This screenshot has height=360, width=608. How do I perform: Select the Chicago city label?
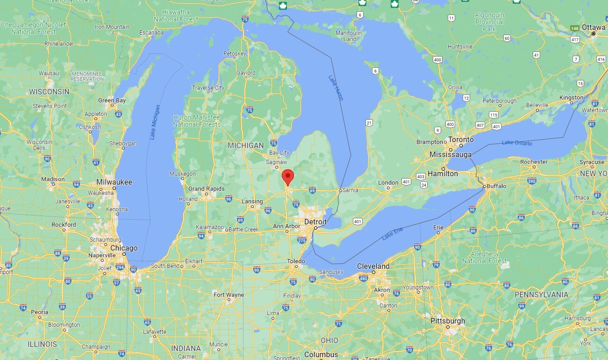pyautogui.click(x=124, y=248)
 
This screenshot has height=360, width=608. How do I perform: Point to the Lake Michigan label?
pyautogui.click(x=155, y=122)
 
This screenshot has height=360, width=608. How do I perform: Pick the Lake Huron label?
pyautogui.click(x=336, y=87)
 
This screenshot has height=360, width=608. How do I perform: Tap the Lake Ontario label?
pyautogui.click(x=517, y=143)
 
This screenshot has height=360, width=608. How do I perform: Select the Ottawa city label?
pyautogui.click(x=594, y=27)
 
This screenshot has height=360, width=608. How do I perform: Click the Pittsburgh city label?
pyautogui.click(x=448, y=321)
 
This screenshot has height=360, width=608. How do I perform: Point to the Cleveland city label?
pyautogui.click(x=373, y=266)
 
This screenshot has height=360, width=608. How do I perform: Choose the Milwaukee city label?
pyautogui.click(x=114, y=182)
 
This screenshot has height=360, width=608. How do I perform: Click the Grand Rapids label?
pyautogui.click(x=206, y=189)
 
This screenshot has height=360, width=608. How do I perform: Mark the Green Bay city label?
pyautogui.click(x=112, y=100)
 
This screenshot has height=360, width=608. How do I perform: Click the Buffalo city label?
pyautogui.click(x=496, y=186)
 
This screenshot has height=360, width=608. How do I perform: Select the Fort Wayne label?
pyautogui.click(x=229, y=295)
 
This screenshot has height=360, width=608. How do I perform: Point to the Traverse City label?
pyautogui.click(x=208, y=88)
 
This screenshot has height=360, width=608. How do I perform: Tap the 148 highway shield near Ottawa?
pyautogui.click(x=575, y=28)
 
